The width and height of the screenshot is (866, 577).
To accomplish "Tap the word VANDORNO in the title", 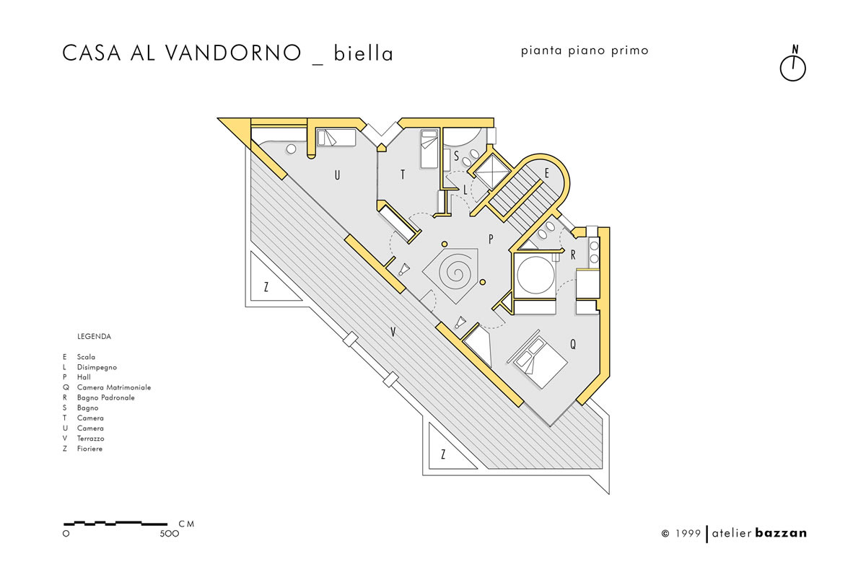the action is pos(234,53).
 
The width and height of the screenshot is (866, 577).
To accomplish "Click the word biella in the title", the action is pos(363,53).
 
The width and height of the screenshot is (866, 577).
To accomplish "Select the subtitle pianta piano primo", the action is pos(584,50).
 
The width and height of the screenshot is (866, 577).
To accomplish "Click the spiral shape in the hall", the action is pos(455,273).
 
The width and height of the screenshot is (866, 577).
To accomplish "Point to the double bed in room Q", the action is pos(538,359).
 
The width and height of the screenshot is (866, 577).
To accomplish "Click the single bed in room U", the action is pos(336,138).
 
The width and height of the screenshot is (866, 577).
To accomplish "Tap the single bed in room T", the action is pos(429,149).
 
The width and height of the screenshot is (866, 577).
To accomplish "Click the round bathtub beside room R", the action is pos(535,276).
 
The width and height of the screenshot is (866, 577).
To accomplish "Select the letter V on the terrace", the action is pos(393,332).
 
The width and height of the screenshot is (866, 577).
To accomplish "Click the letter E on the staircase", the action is pos(547,173).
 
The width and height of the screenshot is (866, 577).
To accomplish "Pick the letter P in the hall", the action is pos(491,239).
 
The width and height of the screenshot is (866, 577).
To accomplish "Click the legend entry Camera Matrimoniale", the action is pos(114,387).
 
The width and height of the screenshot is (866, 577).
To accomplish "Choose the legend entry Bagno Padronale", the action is pos(106,397).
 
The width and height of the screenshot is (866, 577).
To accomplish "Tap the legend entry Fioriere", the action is pos(89,449).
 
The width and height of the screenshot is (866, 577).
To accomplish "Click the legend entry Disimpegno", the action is pos(97,367).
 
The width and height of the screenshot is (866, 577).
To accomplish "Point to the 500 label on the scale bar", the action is pos(170,534).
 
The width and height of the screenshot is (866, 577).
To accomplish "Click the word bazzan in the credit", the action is pos(781,533).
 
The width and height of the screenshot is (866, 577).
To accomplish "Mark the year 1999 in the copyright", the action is pos(688,533).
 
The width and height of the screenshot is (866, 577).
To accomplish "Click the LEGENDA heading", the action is pos(94,337).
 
